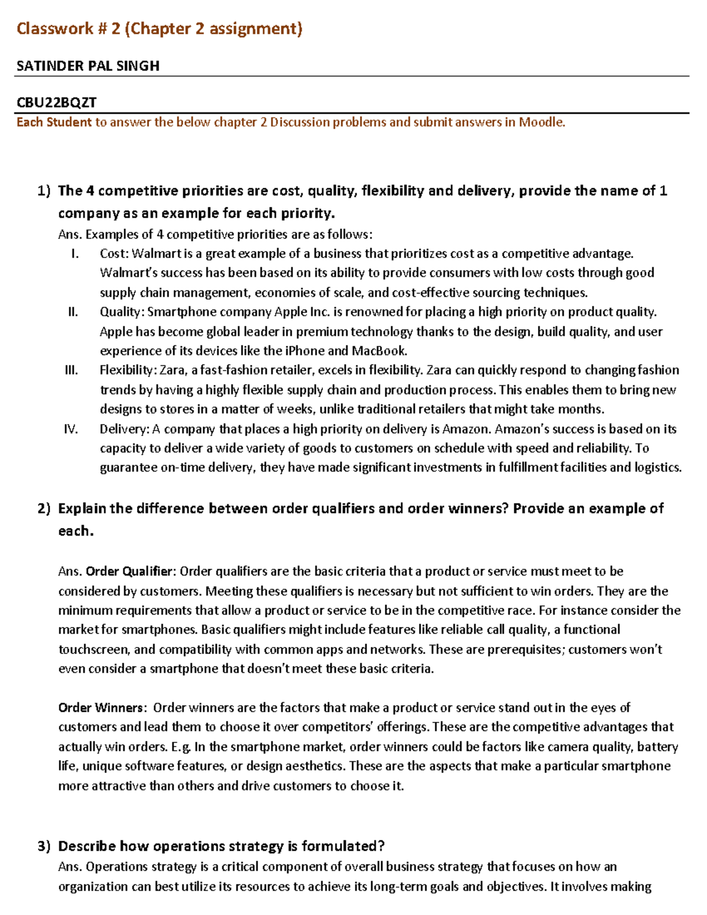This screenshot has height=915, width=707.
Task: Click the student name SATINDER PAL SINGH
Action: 88,66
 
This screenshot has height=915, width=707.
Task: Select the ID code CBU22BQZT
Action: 57,103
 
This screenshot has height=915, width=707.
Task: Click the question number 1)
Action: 44,191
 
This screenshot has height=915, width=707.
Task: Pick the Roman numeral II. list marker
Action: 72,312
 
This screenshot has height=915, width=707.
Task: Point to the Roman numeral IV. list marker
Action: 71,429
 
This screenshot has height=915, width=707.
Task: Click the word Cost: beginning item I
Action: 114,253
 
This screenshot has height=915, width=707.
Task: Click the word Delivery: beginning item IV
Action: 125,429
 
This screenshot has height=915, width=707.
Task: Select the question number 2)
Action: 44,508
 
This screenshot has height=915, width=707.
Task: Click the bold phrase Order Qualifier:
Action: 130,572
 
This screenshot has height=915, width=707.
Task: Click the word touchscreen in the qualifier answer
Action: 93,649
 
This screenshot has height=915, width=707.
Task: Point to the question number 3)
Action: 44,847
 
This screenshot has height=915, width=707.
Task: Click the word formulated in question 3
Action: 340,847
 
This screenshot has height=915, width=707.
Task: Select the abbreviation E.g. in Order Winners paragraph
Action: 181,747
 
